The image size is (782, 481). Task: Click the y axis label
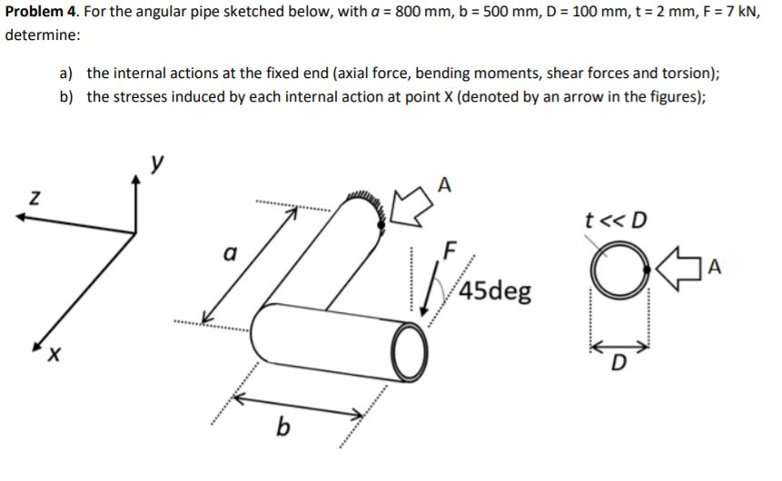tap(159, 162)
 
